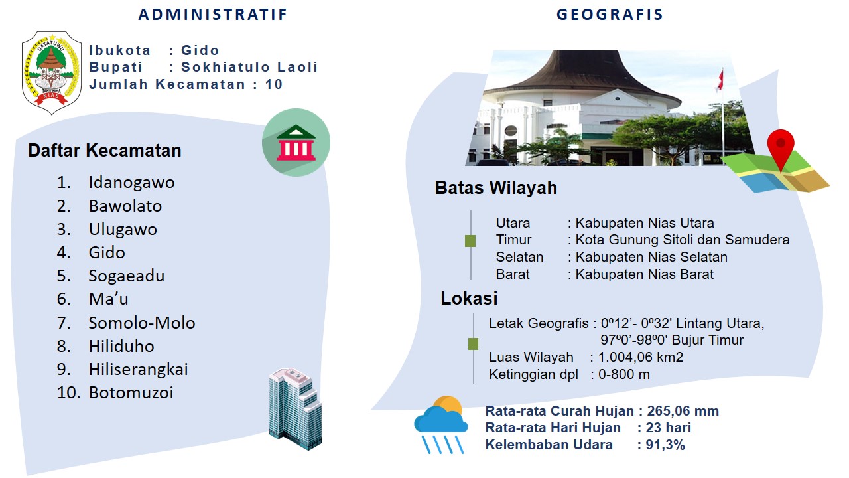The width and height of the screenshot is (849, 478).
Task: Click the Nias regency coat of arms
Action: [52, 73]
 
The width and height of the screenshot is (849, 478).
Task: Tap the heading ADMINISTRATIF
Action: [213, 15]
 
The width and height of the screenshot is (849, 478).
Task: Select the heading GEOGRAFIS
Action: [610, 15]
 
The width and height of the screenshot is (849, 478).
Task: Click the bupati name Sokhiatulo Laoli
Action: [249, 67]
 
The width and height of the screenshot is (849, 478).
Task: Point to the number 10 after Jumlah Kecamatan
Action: [274, 84]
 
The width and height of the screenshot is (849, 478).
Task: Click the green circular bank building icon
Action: [296, 142]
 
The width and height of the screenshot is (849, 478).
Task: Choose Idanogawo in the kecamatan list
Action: [131, 183]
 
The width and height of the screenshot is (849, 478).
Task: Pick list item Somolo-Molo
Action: [142, 323]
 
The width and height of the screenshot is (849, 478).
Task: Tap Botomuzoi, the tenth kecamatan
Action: [131, 392]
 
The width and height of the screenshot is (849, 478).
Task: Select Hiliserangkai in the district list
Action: [139, 370]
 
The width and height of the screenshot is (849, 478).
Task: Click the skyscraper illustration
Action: [295, 409]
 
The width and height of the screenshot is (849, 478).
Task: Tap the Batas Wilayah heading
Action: [495, 187]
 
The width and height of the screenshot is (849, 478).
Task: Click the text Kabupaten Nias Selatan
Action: [651, 257]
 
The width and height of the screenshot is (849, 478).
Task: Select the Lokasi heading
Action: [469, 298]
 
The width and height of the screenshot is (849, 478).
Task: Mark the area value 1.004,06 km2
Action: [641, 357]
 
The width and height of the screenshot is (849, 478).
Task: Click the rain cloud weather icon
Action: [441, 425]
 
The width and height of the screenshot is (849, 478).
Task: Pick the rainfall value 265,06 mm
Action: [683, 411]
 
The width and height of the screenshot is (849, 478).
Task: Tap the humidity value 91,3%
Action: [665, 445]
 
